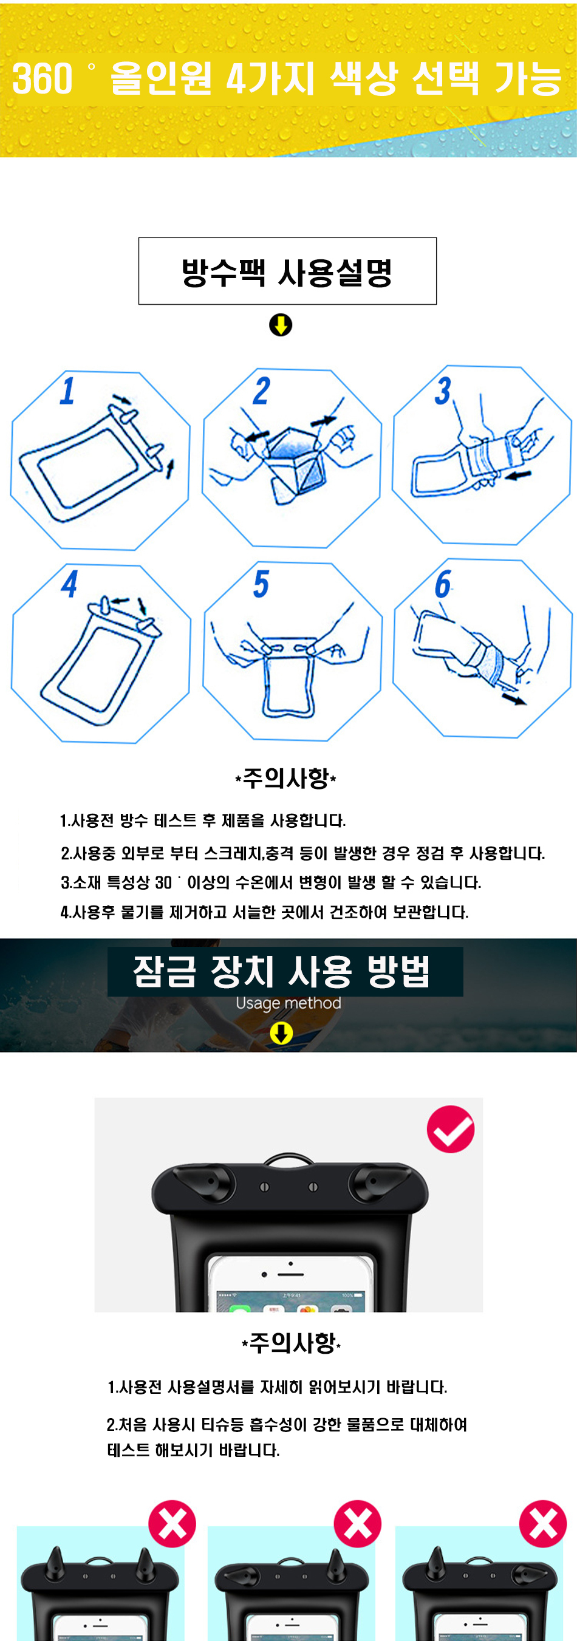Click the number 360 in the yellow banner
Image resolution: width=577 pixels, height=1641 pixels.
(x=42, y=79)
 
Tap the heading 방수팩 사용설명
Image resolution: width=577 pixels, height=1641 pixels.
(x=287, y=272)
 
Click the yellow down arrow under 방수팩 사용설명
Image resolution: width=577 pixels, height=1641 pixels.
(x=280, y=325)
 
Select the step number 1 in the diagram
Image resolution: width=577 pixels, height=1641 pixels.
(x=67, y=390)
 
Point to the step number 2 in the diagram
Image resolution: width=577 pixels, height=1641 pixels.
(x=262, y=390)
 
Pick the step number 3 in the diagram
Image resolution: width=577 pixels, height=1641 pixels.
(x=443, y=390)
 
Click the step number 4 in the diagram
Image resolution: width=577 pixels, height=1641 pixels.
(x=69, y=584)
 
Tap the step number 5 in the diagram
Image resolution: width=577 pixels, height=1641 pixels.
(x=261, y=584)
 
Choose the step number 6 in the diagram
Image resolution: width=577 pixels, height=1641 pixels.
(x=443, y=584)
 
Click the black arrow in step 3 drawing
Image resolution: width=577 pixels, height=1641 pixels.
(x=519, y=474)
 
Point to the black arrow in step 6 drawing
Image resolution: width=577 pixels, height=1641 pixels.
(x=514, y=699)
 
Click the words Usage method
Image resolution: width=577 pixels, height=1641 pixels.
(x=288, y=1003)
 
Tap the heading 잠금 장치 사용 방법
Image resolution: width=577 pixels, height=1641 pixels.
(x=281, y=972)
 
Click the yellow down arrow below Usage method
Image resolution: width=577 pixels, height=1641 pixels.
(x=281, y=1033)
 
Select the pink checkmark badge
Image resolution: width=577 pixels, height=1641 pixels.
(x=450, y=1129)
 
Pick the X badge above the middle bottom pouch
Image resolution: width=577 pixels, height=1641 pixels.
(x=357, y=1524)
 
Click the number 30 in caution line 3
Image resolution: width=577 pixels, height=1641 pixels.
(x=163, y=883)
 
